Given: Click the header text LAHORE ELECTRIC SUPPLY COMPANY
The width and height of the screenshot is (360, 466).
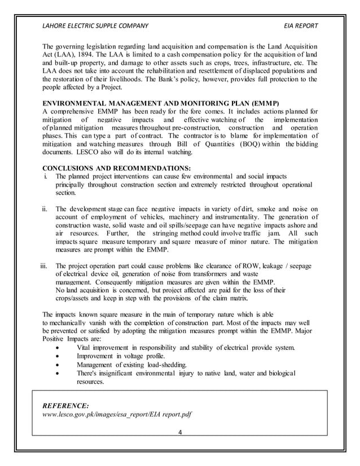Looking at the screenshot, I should point(95,26).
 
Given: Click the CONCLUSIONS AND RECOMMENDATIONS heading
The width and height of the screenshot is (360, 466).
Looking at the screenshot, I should point(117,168).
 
